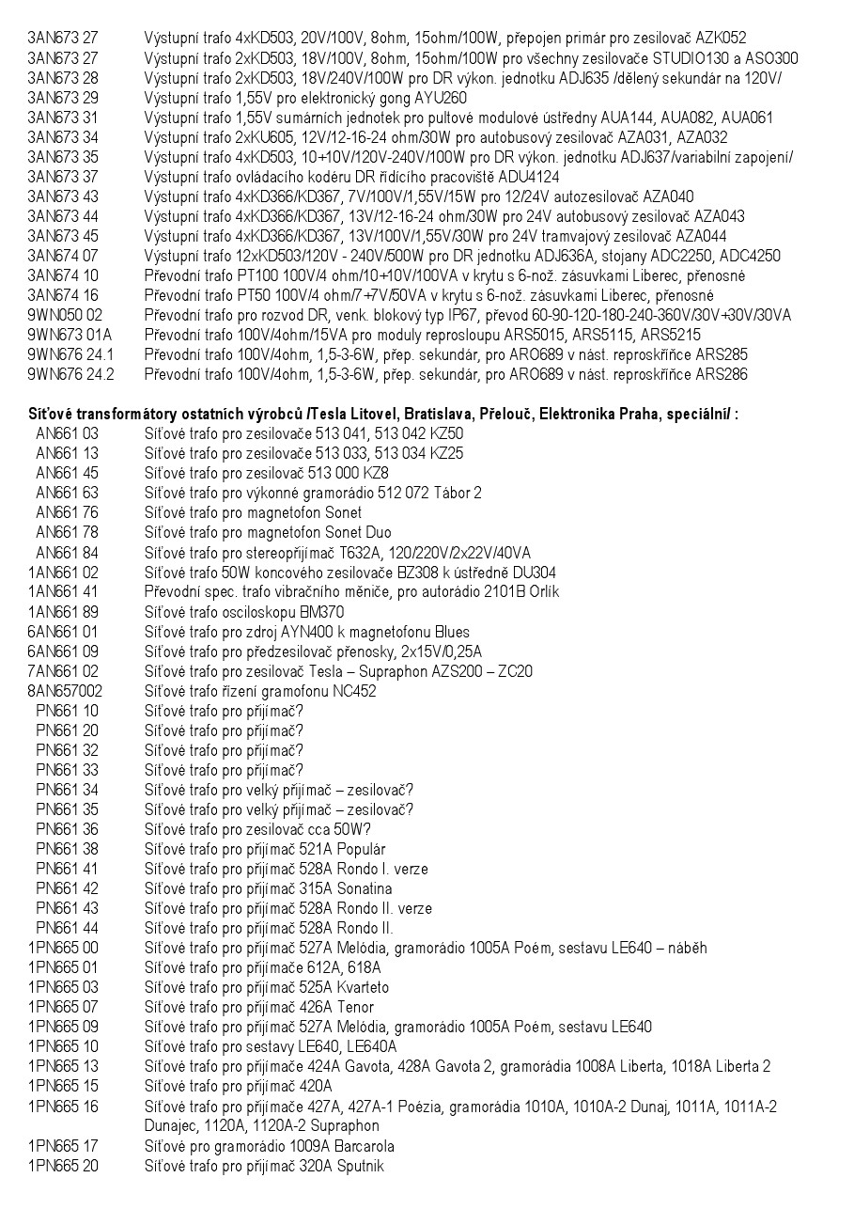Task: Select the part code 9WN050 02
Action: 65,315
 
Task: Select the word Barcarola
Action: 349,1146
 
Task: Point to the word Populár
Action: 356,849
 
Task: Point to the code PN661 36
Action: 67,829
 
